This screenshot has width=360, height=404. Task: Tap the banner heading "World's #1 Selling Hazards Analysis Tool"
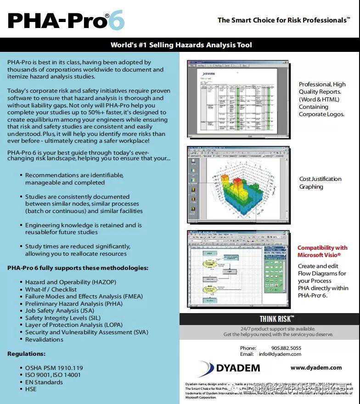pos(181,45)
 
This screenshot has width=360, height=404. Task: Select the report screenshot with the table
pos(238,100)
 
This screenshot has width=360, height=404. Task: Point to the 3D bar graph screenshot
pos(238,184)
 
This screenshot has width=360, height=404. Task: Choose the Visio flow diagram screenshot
pos(238,269)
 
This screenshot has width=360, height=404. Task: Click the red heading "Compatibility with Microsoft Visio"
pos(322,251)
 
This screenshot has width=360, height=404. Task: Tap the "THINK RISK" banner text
pos(276,319)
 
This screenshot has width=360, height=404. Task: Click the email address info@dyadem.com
pos(280,354)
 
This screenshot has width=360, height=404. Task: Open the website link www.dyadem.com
pos(316,367)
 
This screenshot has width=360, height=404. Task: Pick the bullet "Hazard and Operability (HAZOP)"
pos(70,282)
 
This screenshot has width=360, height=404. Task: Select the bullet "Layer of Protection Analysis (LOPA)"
pos(73,325)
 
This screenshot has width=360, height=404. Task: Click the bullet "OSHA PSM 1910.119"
pos(54,368)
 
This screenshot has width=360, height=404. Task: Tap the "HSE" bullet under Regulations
pos(30,389)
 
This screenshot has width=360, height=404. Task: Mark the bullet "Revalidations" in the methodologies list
pos(44,339)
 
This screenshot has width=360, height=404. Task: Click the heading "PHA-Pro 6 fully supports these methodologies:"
pos(78,268)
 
